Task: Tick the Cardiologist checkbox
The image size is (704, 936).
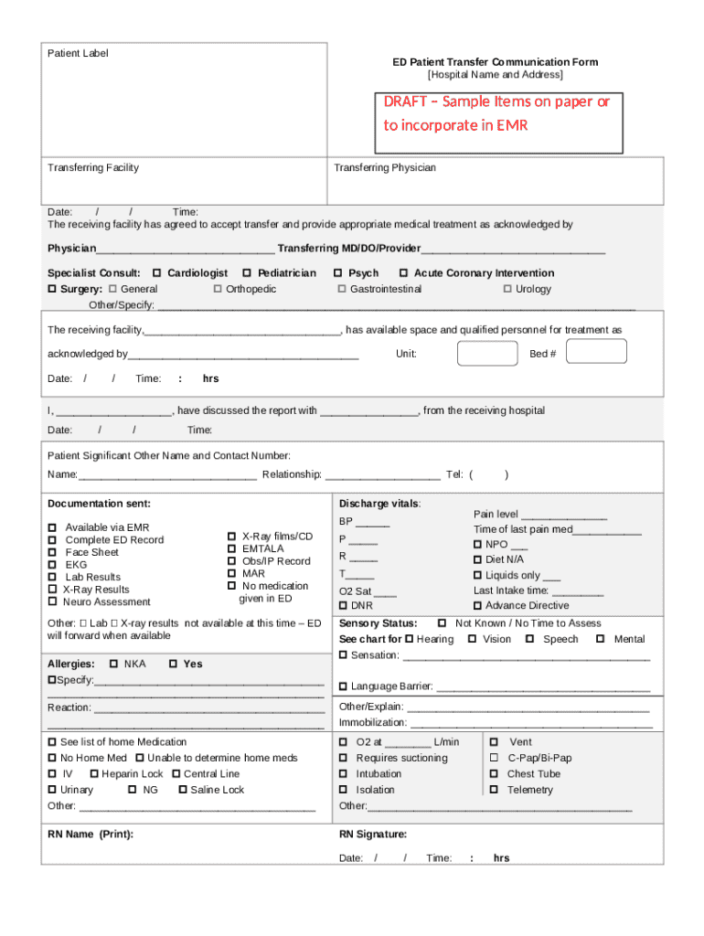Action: [157, 273]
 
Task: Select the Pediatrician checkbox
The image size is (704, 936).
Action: [247, 273]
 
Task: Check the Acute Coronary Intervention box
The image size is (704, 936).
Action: [403, 273]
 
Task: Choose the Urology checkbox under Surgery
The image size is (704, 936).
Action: [507, 290]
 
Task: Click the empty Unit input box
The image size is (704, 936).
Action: [486, 353]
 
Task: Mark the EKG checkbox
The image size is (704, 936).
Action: [53, 565]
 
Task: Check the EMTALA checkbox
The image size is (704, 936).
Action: [231, 548]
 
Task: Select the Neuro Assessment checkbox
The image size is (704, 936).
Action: [53, 602]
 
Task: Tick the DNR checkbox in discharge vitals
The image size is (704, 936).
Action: [344, 606]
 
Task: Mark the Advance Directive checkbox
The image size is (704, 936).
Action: [477, 606]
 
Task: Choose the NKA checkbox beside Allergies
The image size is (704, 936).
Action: [113, 665]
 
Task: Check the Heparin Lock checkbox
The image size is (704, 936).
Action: [93, 774]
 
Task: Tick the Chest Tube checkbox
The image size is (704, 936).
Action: [494, 774]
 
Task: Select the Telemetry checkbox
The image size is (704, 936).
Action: [494, 790]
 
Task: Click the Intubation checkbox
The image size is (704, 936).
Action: [344, 774]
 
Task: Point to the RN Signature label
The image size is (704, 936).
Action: [373, 835]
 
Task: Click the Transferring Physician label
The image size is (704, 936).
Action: [385, 168]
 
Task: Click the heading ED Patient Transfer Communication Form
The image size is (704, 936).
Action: [496, 62]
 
